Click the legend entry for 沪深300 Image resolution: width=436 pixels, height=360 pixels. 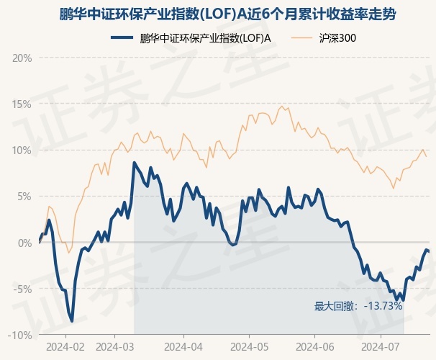point(337,38)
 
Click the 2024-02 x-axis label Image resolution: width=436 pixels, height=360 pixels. point(65,346)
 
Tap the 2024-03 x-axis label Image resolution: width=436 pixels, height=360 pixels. point(115,346)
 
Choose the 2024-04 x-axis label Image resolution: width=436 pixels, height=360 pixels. point(183,346)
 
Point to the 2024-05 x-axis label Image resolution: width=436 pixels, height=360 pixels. point(249,346)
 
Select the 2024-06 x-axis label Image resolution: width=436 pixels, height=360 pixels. point(315,346)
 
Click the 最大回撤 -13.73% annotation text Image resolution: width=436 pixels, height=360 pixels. point(358,306)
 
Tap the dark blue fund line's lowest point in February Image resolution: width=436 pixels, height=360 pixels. point(71,320)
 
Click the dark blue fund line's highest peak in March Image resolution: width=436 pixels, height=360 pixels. point(135,163)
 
